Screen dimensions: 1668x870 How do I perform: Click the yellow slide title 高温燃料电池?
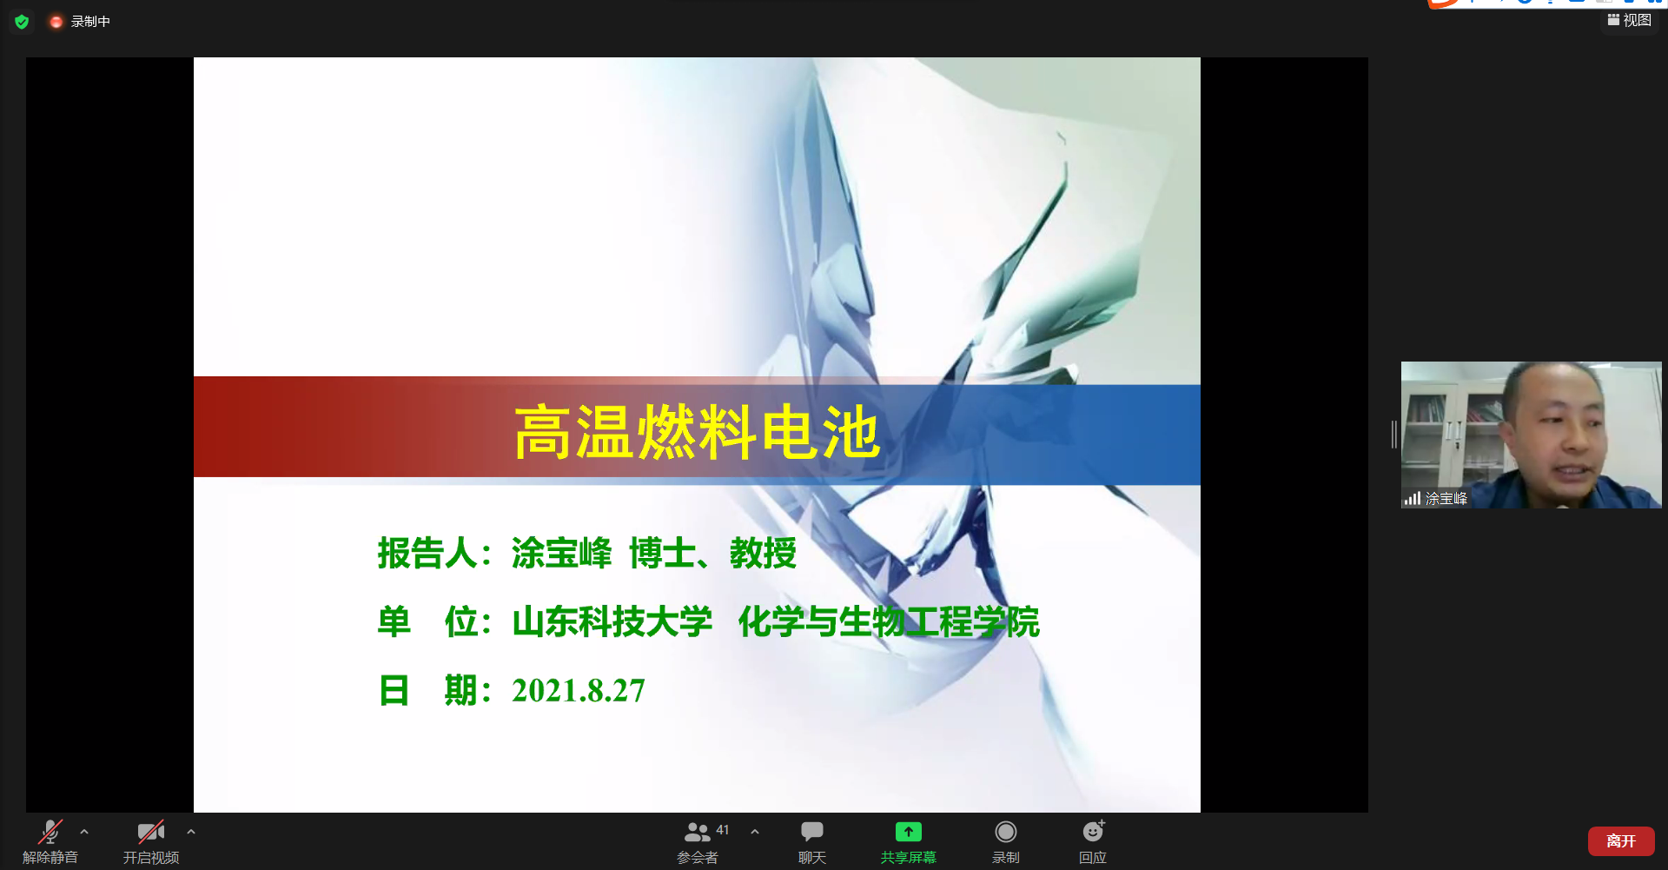(x=697, y=432)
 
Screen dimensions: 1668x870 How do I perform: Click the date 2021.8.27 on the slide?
(x=579, y=691)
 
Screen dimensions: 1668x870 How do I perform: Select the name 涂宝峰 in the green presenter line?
(x=561, y=554)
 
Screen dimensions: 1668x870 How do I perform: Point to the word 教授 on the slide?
(x=763, y=554)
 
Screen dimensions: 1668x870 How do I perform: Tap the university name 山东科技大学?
(x=612, y=622)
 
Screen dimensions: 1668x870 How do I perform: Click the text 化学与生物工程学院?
(x=889, y=622)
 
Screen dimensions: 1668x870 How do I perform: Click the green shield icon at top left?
(x=22, y=22)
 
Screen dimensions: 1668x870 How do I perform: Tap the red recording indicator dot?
(x=56, y=22)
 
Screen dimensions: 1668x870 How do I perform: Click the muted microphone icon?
(x=50, y=832)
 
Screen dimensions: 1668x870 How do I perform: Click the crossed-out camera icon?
(x=151, y=832)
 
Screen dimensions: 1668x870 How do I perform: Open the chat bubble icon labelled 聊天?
(x=812, y=832)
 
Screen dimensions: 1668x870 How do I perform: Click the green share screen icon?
(x=909, y=832)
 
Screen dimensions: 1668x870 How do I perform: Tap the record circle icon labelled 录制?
(x=1006, y=832)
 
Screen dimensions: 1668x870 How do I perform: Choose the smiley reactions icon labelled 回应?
(x=1093, y=832)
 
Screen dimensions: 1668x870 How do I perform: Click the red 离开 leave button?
(x=1621, y=841)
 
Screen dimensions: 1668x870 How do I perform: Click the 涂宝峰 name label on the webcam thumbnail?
(x=1446, y=499)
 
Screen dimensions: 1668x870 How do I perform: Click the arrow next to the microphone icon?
(x=84, y=832)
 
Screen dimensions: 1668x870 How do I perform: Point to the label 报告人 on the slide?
(x=427, y=554)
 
